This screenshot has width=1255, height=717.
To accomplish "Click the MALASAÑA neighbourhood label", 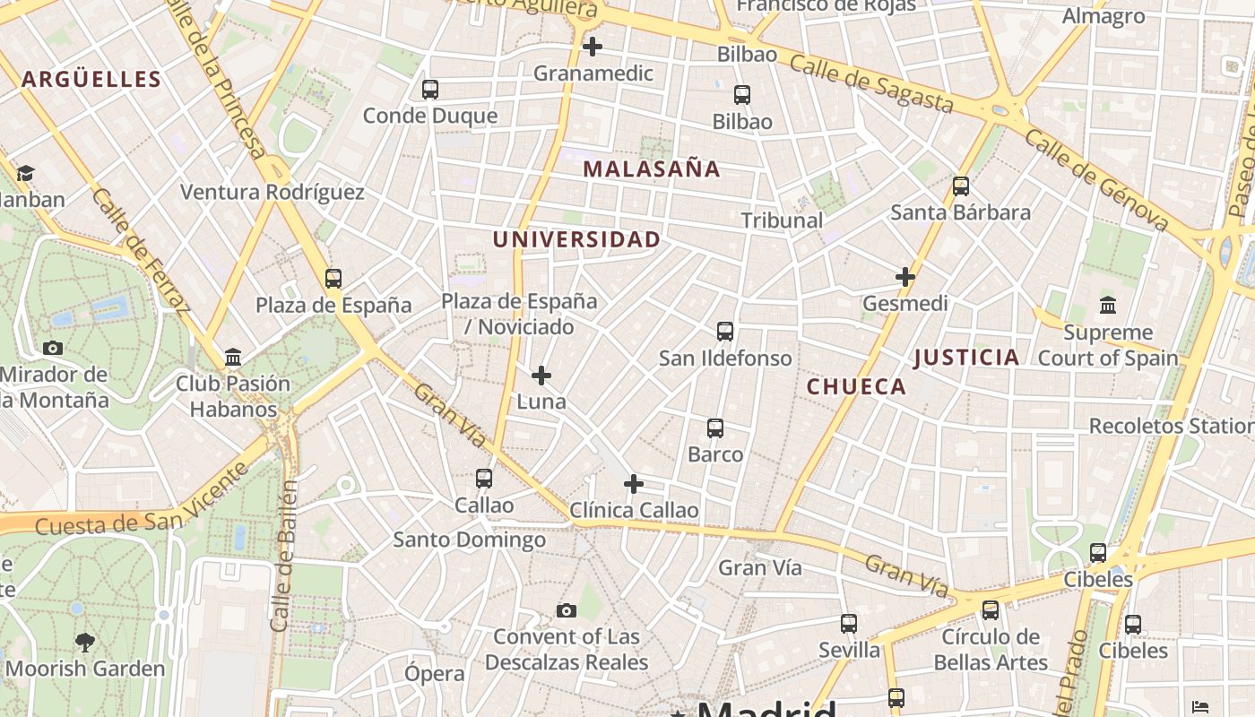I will click(x=652, y=168).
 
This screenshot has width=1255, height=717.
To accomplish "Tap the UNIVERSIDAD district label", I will click(x=576, y=239).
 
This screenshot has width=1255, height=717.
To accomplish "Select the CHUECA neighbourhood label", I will click(x=856, y=386).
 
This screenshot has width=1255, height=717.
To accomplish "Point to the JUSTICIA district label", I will click(x=966, y=358).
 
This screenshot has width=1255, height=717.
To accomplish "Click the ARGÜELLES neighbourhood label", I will click(x=91, y=79).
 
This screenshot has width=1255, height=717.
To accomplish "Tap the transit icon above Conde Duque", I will click(x=430, y=90).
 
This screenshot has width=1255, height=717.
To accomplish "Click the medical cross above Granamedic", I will click(x=593, y=47).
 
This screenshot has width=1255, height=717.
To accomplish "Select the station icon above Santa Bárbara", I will click(x=961, y=186).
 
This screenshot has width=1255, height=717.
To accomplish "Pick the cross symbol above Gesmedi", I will click(x=905, y=277).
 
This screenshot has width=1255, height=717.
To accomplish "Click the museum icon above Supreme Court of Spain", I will click(x=1108, y=306).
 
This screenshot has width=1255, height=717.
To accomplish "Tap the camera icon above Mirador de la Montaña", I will click(x=53, y=348).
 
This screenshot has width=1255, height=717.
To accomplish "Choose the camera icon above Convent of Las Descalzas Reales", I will click(x=566, y=611).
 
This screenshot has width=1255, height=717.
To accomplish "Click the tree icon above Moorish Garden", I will click(x=85, y=642).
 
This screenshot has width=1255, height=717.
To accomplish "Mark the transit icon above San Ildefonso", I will click(x=725, y=332).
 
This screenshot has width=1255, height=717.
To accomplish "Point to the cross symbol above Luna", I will click(x=541, y=376).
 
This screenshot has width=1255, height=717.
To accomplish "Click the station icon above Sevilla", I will click(x=849, y=623).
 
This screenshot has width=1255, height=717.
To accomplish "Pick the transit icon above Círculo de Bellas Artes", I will click(x=991, y=610).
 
